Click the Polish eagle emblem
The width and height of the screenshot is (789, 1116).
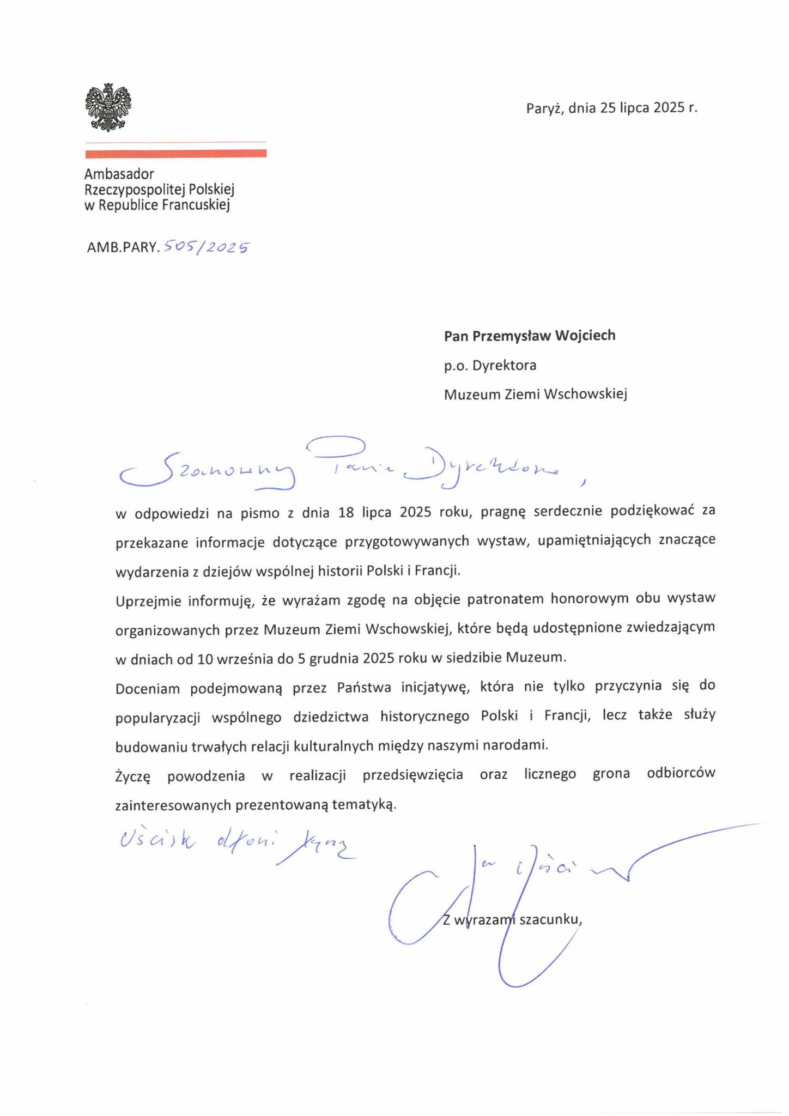coord(108,107)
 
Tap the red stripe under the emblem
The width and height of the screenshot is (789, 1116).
coord(175,154)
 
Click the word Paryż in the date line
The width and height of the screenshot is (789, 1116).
coord(544,108)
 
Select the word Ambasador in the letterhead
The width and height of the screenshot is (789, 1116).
coord(119,174)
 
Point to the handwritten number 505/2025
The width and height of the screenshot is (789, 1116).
coord(206,248)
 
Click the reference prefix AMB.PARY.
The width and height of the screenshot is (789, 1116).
coord(123,248)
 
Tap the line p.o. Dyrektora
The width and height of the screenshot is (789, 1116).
coord(490,365)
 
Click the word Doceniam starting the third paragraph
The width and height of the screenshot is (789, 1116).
coord(148,688)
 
